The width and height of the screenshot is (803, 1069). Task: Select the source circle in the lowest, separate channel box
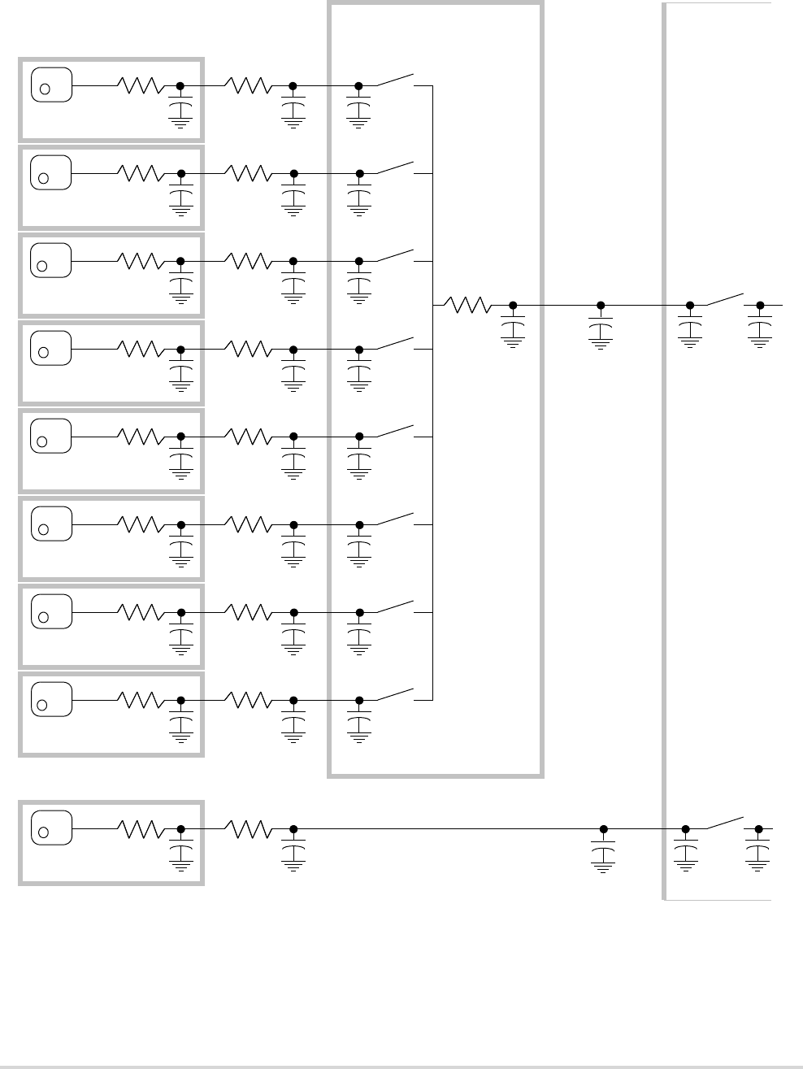click(x=45, y=832)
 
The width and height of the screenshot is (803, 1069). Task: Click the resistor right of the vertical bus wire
click(x=468, y=305)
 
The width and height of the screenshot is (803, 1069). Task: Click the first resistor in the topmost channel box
click(x=141, y=85)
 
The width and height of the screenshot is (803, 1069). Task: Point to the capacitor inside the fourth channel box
click(x=180, y=372)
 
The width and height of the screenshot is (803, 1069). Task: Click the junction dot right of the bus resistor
click(x=513, y=306)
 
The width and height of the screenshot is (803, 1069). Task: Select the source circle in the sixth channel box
click(x=45, y=529)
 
